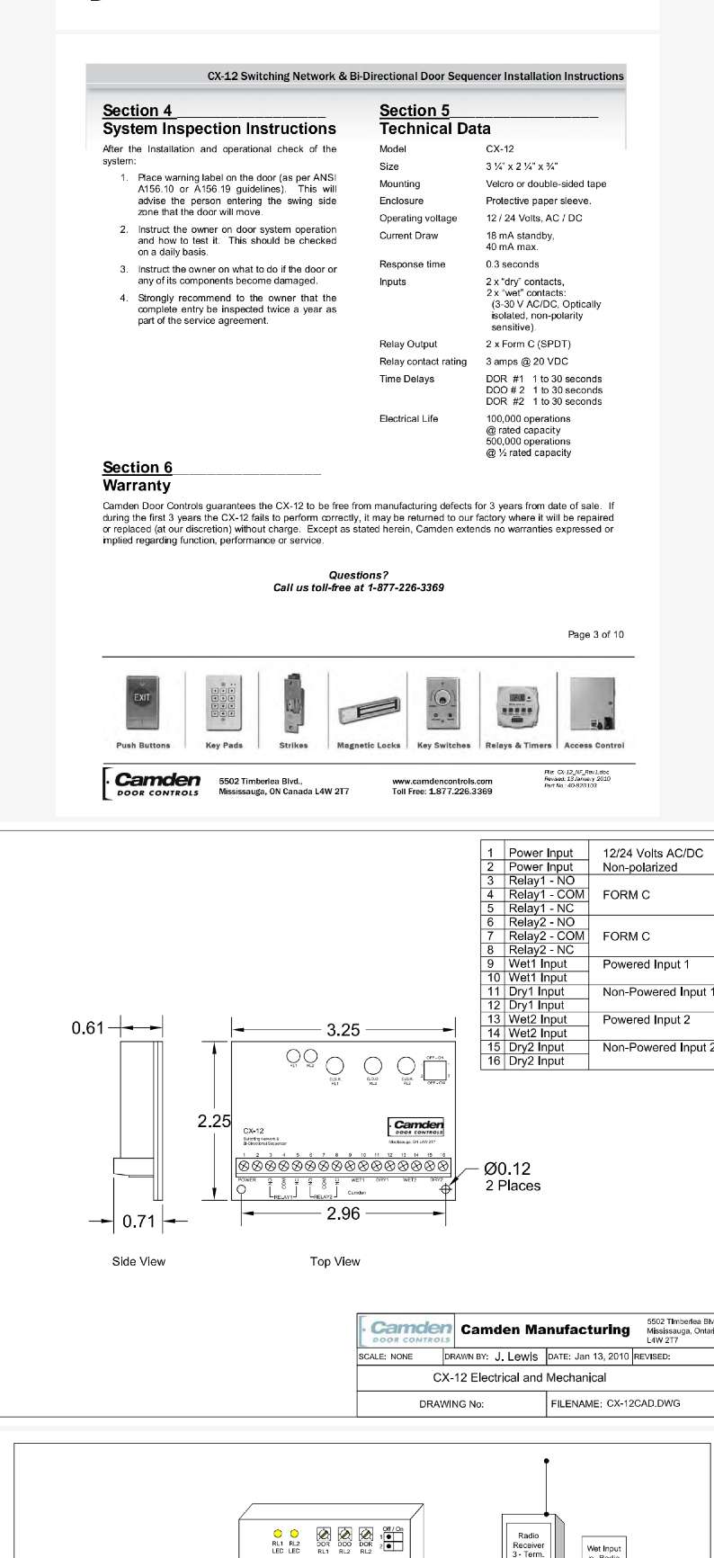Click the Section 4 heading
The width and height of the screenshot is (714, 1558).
coord(138,111)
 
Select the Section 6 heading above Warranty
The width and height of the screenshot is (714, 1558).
coord(138,467)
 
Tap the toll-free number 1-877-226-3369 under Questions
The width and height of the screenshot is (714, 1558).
coord(406,587)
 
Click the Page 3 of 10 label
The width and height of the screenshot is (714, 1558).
coord(595,634)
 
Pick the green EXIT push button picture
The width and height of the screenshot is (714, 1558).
coord(142,704)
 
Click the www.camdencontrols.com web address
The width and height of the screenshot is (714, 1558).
coord(442,781)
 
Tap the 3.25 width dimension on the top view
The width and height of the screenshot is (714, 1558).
coord(344,1030)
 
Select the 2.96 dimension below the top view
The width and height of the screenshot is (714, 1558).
coord(344,1213)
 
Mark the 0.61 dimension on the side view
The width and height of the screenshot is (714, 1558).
coord(88,1027)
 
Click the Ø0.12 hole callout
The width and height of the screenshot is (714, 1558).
coord(507,1168)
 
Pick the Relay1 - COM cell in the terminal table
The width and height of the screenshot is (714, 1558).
coord(546,894)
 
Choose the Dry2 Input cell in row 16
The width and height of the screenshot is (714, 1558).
coord(536,1061)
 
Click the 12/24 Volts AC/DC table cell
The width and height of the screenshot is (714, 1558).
coord(653,853)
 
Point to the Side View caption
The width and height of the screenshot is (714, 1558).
coord(138,1261)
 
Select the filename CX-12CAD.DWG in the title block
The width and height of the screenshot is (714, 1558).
coord(644,1402)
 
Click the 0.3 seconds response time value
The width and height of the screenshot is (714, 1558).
coord(513,264)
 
